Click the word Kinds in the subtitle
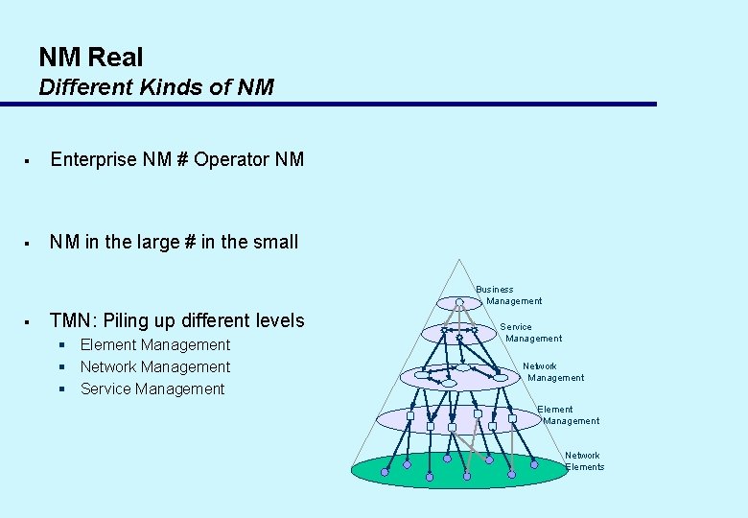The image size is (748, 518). (x=162, y=87)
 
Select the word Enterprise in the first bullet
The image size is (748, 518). (x=94, y=159)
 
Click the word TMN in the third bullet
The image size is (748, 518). (x=70, y=320)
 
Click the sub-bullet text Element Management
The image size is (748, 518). (x=155, y=344)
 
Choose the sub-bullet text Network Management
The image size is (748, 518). (x=155, y=366)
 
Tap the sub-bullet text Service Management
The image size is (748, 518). (x=152, y=388)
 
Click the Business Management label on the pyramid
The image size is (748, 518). (x=508, y=295)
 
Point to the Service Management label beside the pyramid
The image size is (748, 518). (x=533, y=332)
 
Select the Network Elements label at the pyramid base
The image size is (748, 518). (x=583, y=461)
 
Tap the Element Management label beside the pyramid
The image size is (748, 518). (x=570, y=414)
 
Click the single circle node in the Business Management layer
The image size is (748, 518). (x=460, y=303)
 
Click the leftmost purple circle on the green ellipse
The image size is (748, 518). (x=385, y=472)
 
